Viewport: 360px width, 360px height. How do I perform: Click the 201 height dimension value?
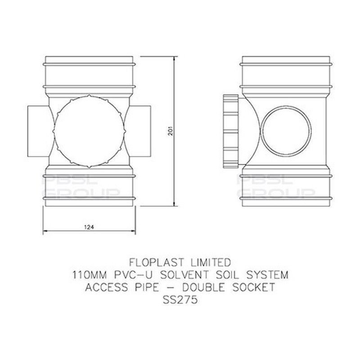pos(170,131)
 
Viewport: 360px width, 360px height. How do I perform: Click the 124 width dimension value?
pos(89,227)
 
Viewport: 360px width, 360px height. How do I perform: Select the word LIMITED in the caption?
pos(211,262)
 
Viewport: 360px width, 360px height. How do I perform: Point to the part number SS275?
pos(180,300)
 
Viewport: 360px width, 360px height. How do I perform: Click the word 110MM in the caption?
pos(90,275)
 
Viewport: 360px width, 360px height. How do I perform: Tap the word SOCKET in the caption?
pos(253,287)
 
